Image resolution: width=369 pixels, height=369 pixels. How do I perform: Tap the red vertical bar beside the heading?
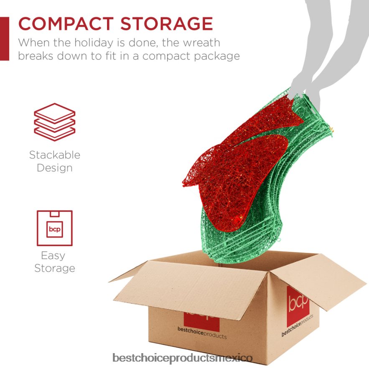(x=4, y=38)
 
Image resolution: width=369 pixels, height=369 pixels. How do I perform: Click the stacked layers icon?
(x=54, y=122)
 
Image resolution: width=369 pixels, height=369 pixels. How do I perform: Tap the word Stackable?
(x=54, y=155)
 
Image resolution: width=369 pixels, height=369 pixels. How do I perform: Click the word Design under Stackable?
(x=54, y=168)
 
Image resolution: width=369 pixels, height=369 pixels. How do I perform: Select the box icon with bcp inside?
(x=54, y=228)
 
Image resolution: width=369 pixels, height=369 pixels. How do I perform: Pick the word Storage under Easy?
(x=54, y=268)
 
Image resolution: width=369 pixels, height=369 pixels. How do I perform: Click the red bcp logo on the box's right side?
(x=298, y=303)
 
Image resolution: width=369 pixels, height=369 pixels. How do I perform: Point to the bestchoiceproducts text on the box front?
(x=201, y=336)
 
